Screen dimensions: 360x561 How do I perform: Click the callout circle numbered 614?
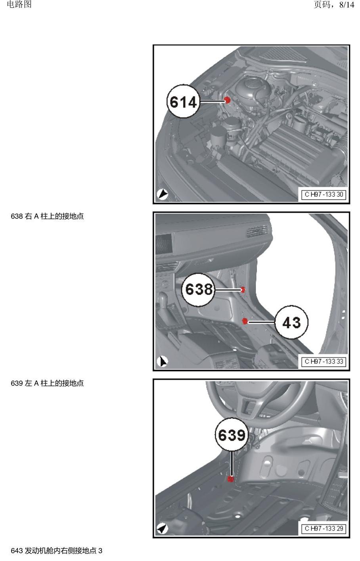pos(184,102)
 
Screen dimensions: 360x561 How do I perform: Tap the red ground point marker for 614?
pos(227,100)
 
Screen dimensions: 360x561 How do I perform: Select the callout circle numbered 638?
pos(198,290)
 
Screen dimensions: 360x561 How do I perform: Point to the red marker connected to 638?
pos(242,290)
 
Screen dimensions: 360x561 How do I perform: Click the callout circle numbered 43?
pos(291,322)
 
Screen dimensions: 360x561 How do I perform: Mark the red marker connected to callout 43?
pos(245,321)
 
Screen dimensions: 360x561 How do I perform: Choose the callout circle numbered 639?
pos(232,434)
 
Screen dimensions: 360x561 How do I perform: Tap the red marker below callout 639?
pos(231,479)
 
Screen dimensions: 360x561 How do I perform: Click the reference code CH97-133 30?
pos(324,194)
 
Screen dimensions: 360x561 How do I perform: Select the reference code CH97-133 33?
pos(324,362)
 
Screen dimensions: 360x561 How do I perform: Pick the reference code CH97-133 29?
pos(324,528)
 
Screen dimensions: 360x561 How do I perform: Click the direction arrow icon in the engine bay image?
pos(162,194)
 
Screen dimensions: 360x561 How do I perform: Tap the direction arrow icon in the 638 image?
pos(162,361)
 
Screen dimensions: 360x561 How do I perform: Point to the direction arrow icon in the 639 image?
pos(162,529)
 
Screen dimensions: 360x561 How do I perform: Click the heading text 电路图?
pos(19,4)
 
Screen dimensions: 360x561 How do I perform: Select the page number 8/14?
pos(347,4)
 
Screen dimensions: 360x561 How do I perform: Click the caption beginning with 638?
pos(47,216)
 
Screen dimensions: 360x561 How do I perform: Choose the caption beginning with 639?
pos(47,383)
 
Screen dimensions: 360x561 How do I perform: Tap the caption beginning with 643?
pos(57,551)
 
